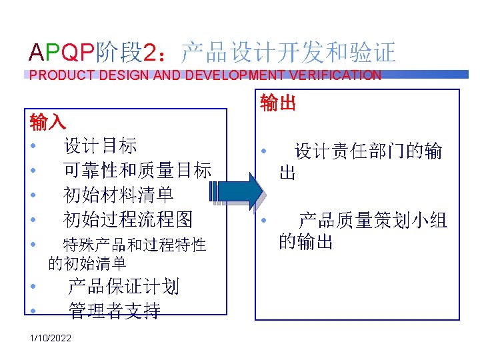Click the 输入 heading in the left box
[48, 122]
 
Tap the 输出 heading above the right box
[278, 103]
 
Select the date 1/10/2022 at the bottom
[49, 339]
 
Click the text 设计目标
[100, 145]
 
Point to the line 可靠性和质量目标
[137, 170]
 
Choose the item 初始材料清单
[118, 194]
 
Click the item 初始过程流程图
[127, 218]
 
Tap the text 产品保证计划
[123, 287]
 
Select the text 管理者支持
[114, 310]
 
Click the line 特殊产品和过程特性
[134, 245]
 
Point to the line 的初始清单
[87, 263]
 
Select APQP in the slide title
[63, 51]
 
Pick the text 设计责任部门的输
[368, 151]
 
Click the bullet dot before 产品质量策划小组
[264, 221]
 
